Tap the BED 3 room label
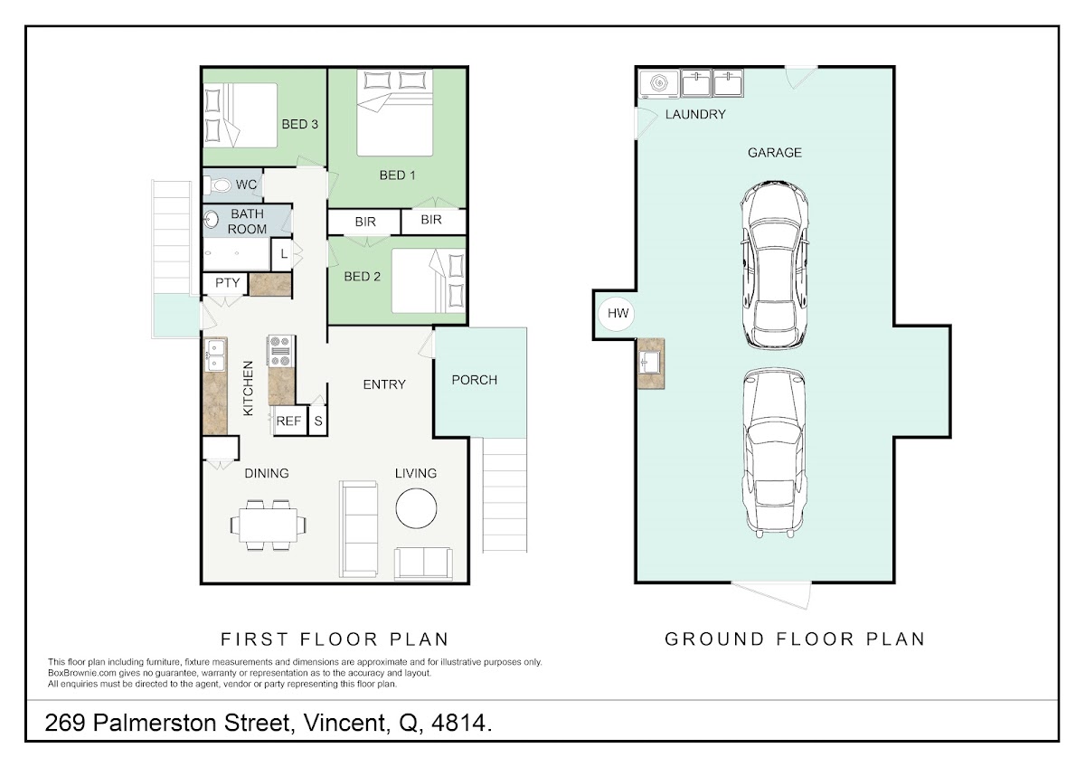pyautogui.click(x=300, y=125)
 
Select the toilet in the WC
pyautogui.click(x=218, y=185)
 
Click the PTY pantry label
pyautogui.click(x=227, y=282)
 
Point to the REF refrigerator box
pyautogui.click(x=290, y=421)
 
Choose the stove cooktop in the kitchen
pyautogui.click(x=280, y=352)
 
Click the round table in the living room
pyautogui.click(x=416, y=508)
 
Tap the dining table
pyautogui.click(x=268, y=526)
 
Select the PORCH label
pyautogui.click(x=474, y=380)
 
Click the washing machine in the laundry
pyautogui.click(x=659, y=83)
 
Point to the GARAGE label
pyautogui.click(x=775, y=153)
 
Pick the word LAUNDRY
pyautogui.click(x=695, y=114)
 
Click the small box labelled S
pyautogui.click(x=317, y=421)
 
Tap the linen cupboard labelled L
pyautogui.click(x=283, y=253)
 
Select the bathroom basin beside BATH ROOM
pyautogui.click(x=211, y=220)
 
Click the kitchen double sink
pyautogui.click(x=215, y=355)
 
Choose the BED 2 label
pyautogui.click(x=362, y=277)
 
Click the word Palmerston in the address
pyautogui.click(x=192, y=723)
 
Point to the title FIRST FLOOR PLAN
pyautogui.click(x=335, y=639)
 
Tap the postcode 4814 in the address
pyautogui.click(x=458, y=723)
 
